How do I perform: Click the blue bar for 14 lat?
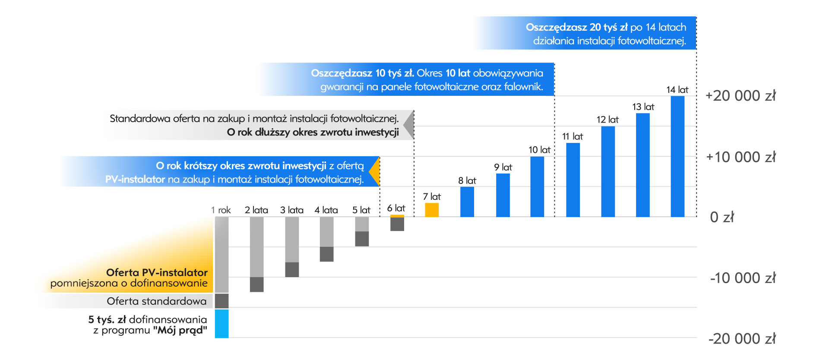click(x=677, y=156)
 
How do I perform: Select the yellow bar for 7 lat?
click(x=432, y=210)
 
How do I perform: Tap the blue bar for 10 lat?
click(x=537, y=186)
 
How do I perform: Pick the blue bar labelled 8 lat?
click(x=467, y=202)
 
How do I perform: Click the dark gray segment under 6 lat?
click(x=397, y=224)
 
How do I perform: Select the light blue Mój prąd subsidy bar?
click(x=221, y=323)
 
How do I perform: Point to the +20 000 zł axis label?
click(x=740, y=96)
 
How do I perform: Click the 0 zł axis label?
click(x=721, y=217)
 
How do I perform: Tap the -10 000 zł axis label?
click(x=742, y=278)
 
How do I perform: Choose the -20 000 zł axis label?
click(x=741, y=339)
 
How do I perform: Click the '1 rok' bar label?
click(x=221, y=210)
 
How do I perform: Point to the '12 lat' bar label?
click(x=608, y=120)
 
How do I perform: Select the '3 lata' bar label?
click(x=292, y=210)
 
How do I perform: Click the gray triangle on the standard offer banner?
click(x=409, y=125)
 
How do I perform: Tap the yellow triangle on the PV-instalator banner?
click(x=375, y=171)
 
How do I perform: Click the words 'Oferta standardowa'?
click(x=157, y=301)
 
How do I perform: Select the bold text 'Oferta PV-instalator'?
click(x=157, y=272)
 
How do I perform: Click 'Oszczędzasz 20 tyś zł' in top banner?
click(x=576, y=27)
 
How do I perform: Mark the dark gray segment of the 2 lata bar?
click(x=256, y=284)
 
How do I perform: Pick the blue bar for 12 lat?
click(x=608, y=171)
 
